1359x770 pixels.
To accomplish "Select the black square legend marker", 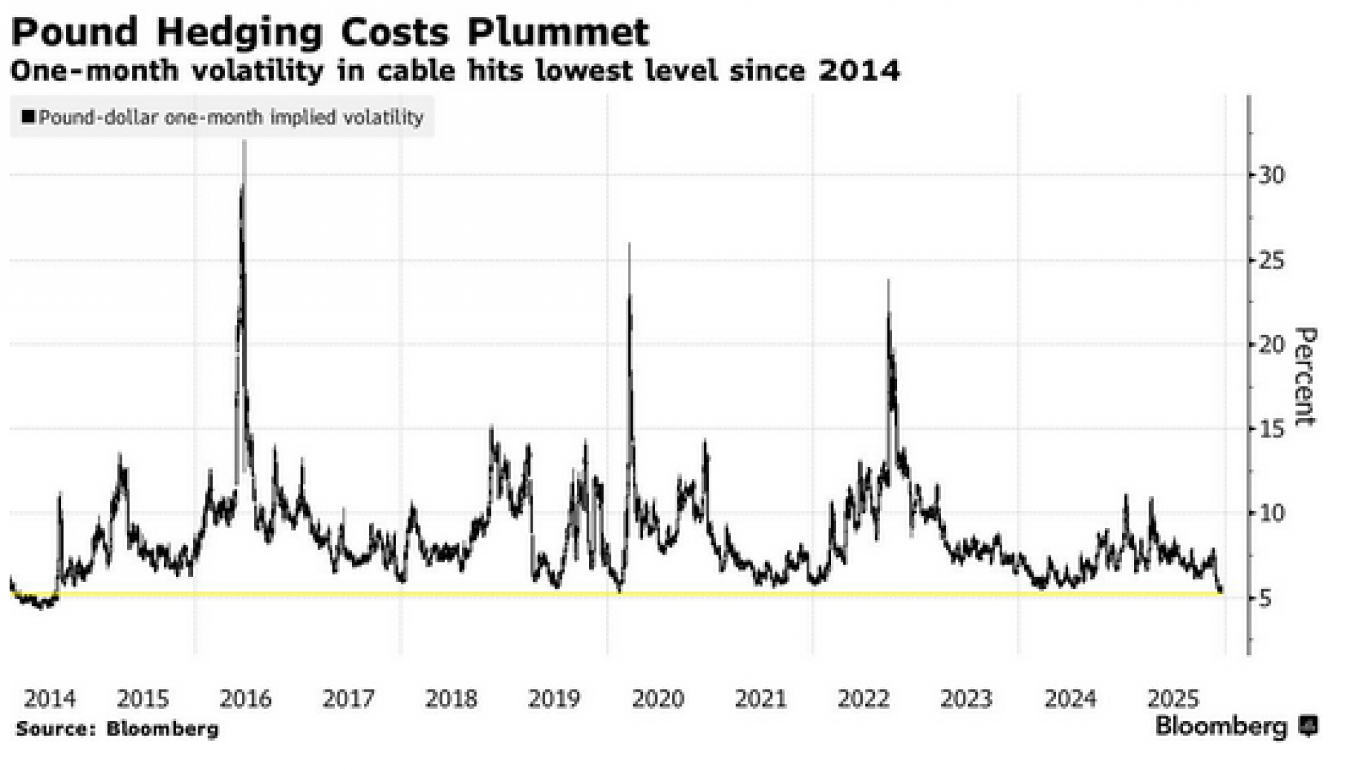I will [28, 117].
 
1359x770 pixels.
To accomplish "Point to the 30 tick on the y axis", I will [1271, 175].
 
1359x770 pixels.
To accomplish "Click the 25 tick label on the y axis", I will [1271, 260].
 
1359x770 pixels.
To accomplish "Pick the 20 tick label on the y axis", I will [1271, 345].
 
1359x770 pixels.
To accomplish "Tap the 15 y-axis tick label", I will [1271, 429].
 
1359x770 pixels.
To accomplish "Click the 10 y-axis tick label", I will [1271, 513].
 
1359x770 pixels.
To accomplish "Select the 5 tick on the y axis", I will [1265, 599].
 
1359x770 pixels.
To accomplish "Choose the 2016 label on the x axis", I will [245, 699].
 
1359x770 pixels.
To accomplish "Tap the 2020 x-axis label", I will [658, 699].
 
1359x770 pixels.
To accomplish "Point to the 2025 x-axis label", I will [1173, 699].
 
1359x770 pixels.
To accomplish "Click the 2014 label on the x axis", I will [50, 699].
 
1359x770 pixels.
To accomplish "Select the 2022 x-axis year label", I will [864, 699].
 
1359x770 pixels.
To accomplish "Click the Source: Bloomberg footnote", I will [117, 729].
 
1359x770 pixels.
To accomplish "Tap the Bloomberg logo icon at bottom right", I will [1308, 727].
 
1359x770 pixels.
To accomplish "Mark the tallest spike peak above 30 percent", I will [244, 143].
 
